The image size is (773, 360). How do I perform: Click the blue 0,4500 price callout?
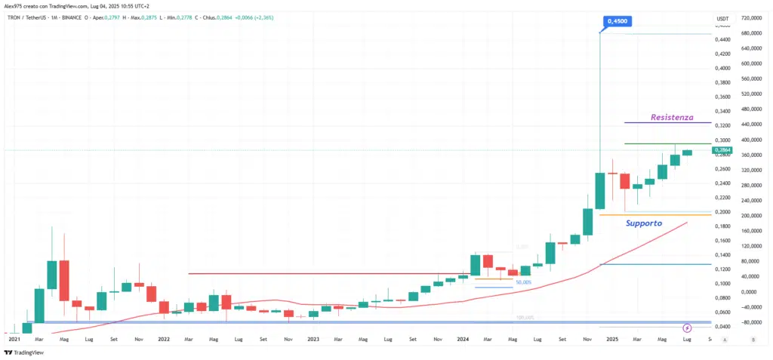(615, 22)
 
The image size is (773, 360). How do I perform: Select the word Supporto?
(644, 223)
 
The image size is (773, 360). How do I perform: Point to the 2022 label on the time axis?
(164, 340)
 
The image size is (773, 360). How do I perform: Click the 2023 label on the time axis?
(314, 340)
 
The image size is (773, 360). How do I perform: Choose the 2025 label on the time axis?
(613, 340)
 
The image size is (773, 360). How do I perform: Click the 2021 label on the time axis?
(14, 340)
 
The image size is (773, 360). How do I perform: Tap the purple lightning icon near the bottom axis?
(687, 328)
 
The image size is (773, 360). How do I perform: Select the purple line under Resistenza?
(667, 123)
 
